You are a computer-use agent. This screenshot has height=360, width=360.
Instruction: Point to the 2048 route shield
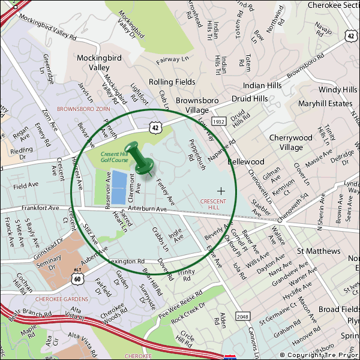(241, 316)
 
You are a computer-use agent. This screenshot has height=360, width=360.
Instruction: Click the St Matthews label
(319, 251)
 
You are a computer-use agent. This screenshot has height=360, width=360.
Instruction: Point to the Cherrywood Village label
(290, 142)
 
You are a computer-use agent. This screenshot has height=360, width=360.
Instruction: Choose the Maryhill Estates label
(325, 103)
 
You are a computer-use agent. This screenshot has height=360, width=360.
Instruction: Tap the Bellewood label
(247, 162)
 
